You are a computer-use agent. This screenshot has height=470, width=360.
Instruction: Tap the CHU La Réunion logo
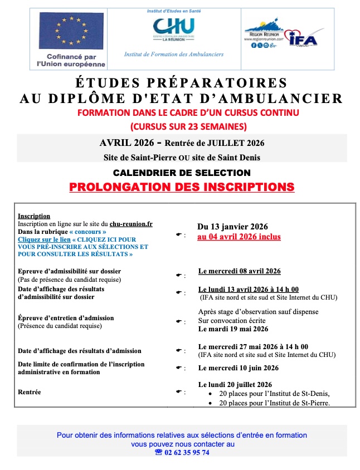coord(173,30)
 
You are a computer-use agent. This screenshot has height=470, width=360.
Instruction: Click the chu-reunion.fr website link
coord(131,223)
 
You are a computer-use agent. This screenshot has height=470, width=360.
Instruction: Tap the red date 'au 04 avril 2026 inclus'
coord(239,237)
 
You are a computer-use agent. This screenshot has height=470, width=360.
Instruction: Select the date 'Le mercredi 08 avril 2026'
coord(239,271)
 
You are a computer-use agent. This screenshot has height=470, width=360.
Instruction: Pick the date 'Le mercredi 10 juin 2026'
coord(238,368)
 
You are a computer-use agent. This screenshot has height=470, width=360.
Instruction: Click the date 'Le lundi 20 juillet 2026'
coord(235,385)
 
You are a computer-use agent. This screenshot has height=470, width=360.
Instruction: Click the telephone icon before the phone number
coord(158,453)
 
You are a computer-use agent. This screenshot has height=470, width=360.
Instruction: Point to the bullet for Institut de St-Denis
coord(209,394)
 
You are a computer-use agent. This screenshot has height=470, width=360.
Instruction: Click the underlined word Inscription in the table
coord(34,216)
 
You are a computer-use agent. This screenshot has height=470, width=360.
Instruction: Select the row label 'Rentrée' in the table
coord(29,392)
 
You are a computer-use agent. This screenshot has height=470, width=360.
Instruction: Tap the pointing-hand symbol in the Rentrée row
coord(179,392)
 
